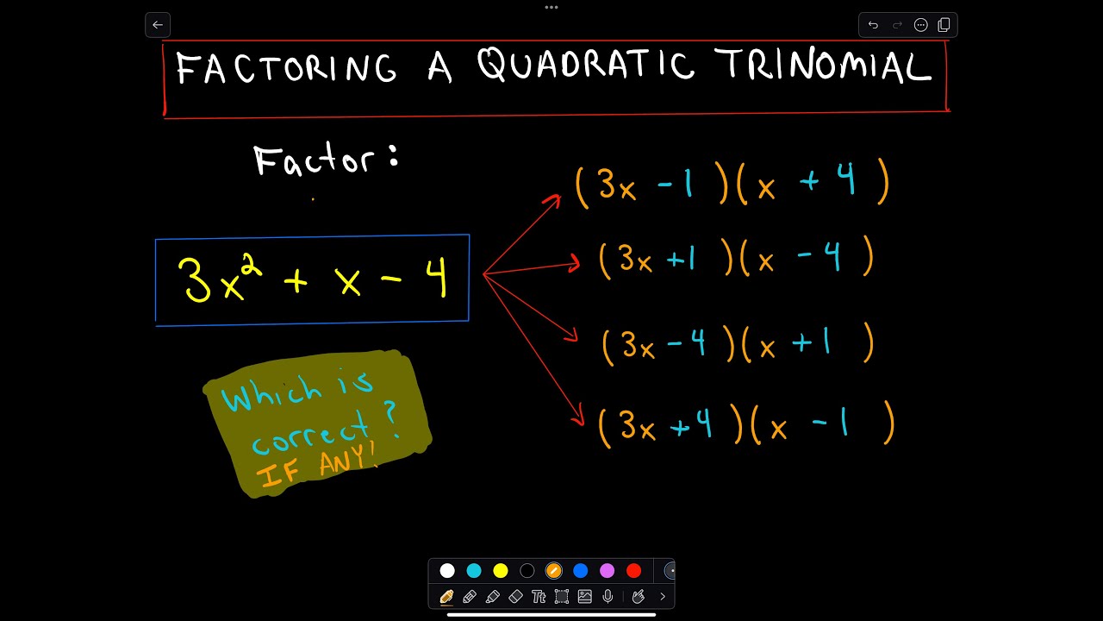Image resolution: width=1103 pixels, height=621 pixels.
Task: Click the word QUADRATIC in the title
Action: click(586, 66)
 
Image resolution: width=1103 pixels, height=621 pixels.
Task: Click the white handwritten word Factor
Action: click(315, 160)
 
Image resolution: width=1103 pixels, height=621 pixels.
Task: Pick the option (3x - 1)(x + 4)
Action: click(732, 184)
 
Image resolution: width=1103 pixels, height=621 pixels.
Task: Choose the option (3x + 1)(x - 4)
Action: click(736, 259)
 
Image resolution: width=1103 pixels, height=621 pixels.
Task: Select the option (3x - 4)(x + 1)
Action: click(738, 345)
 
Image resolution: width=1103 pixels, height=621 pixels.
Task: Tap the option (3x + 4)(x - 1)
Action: click(746, 425)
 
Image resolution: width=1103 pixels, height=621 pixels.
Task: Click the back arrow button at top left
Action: click(158, 25)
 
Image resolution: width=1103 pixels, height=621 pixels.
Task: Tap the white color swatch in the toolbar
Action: click(447, 570)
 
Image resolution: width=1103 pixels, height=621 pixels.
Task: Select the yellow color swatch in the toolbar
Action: click(501, 570)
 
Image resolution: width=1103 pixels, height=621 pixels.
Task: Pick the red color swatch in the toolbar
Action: click(634, 570)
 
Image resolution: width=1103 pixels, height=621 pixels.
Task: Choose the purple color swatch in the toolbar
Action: click(608, 570)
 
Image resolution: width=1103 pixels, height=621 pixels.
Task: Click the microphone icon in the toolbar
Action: click(608, 596)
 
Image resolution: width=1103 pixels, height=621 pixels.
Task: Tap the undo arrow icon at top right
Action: click(873, 25)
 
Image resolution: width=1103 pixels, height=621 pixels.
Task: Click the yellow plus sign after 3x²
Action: click(295, 281)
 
